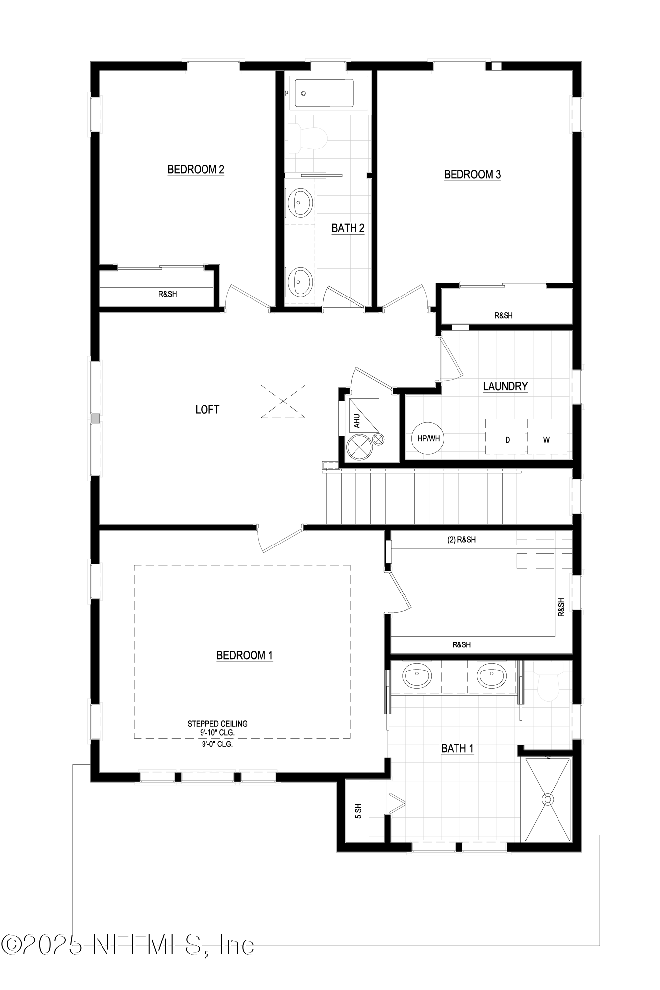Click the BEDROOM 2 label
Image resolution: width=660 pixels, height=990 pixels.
(x=196, y=169)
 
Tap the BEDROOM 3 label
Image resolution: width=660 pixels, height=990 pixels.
(x=472, y=174)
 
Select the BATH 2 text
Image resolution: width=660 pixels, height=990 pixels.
(x=348, y=228)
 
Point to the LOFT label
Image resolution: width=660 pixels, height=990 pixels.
(x=207, y=409)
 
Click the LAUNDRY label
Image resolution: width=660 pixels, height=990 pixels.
(x=505, y=386)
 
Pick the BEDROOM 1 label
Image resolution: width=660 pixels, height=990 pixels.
(x=245, y=655)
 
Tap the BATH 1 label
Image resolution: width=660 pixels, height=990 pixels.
(x=457, y=748)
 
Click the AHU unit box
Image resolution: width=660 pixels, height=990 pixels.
(x=364, y=414)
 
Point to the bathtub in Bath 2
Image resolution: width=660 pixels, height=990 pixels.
(x=324, y=93)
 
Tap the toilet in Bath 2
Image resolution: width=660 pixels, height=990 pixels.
(x=308, y=136)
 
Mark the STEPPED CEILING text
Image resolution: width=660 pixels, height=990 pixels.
(x=217, y=724)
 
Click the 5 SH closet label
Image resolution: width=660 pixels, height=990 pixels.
(x=359, y=811)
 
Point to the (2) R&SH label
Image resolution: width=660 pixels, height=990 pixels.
(x=461, y=540)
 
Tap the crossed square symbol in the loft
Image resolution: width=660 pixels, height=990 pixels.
(x=283, y=401)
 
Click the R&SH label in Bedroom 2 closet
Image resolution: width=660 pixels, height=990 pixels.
(x=167, y=294)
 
